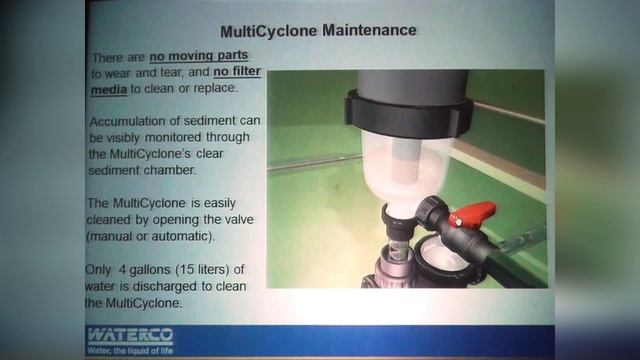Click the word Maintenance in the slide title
point(371,31)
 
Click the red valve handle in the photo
point(471,213)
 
